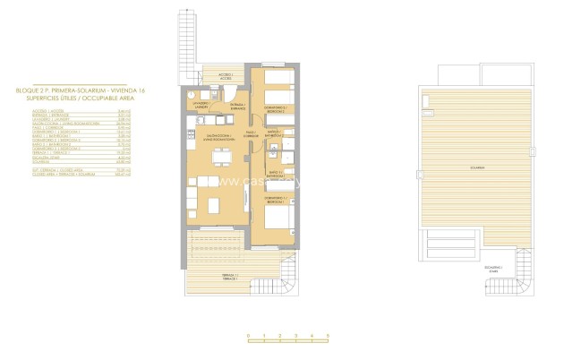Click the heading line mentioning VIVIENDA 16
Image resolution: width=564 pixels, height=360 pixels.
coord(79,90)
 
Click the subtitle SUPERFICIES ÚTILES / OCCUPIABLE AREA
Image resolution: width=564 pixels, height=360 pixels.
coord(79,97)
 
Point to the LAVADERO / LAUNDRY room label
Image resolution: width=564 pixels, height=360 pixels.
coord(201,105)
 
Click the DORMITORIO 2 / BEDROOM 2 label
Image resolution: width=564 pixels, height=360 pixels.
coord(274,110)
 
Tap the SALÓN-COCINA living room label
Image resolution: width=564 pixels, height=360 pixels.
coord(219,139)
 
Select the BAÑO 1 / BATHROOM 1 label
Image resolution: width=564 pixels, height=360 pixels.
coord(275,173)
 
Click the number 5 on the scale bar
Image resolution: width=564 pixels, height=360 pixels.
coord(329,334)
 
